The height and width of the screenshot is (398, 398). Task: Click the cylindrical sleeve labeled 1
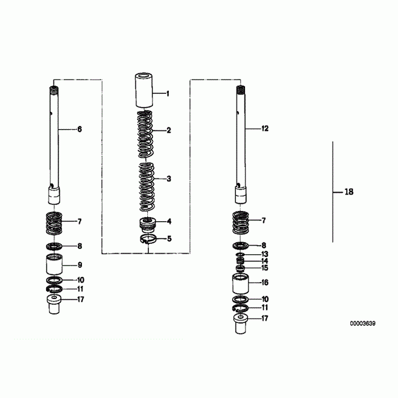(144, 90)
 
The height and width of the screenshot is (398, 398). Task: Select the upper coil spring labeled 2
(145, 134)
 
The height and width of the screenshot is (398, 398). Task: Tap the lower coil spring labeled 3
(147, 187)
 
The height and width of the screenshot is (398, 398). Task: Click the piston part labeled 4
(147, 225)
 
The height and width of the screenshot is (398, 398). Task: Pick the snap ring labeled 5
(148, 239)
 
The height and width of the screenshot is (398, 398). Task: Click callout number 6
(80, 129)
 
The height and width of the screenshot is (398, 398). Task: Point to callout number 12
(265, 128)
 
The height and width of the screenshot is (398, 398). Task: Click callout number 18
(349, 192)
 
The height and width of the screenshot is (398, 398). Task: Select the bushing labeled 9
(55, 264)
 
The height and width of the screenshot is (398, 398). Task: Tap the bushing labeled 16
(241, 284)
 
